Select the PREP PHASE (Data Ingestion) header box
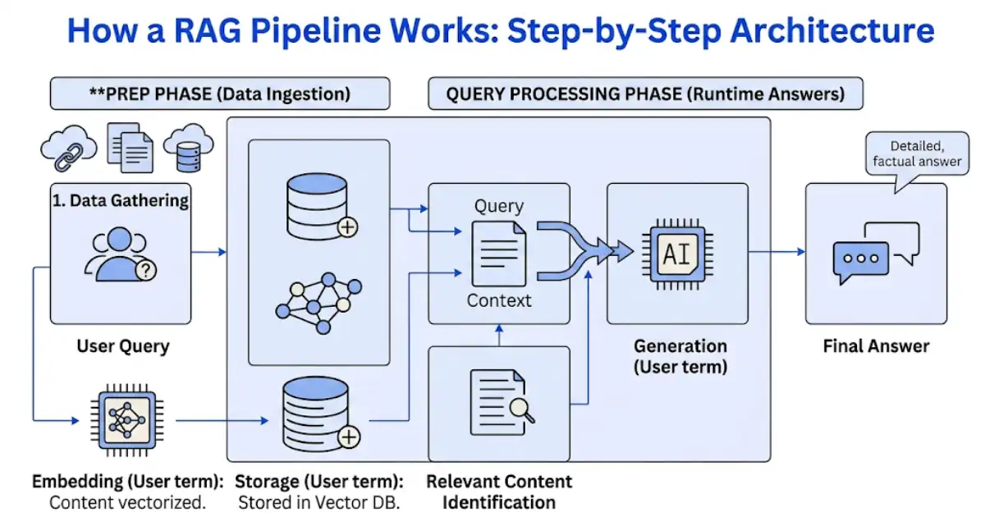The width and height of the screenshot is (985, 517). [219, 94]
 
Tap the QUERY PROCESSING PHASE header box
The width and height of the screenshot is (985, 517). [645, 94]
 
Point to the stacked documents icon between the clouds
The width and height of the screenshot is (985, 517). [129, 149]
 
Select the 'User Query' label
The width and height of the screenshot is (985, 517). [123, 345]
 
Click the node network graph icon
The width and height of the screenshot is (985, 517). [318, 296]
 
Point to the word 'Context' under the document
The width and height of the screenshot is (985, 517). [499, 300]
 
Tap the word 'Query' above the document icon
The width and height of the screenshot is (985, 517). [499, 206]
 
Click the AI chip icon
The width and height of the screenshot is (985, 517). [677, 254]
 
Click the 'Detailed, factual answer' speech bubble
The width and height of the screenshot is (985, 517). [917, 154]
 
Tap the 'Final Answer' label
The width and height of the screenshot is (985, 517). [876, 345]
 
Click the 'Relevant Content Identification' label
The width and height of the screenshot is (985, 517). [499, 491]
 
